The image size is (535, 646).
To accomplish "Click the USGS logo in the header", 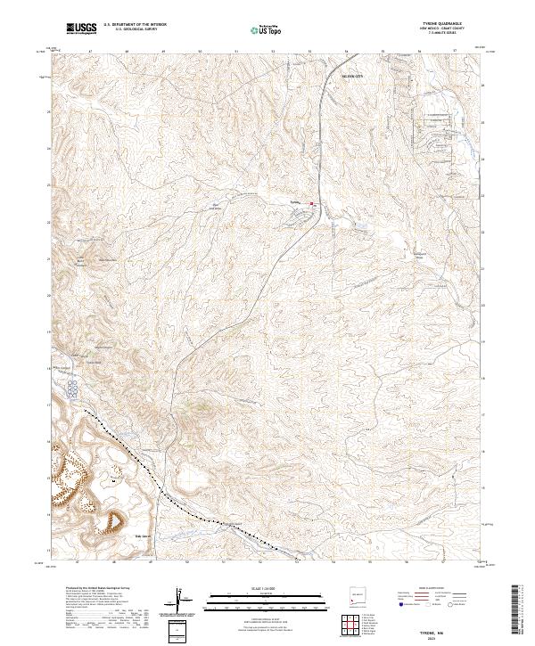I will [81, 30].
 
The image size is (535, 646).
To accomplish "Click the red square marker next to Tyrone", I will [311, 203].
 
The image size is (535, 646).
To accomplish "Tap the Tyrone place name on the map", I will [298, 203].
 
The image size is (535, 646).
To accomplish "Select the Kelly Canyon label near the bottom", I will [139, 536].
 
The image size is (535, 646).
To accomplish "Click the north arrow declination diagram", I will [181, 598].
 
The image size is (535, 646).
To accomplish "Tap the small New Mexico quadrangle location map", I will [354, 599].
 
